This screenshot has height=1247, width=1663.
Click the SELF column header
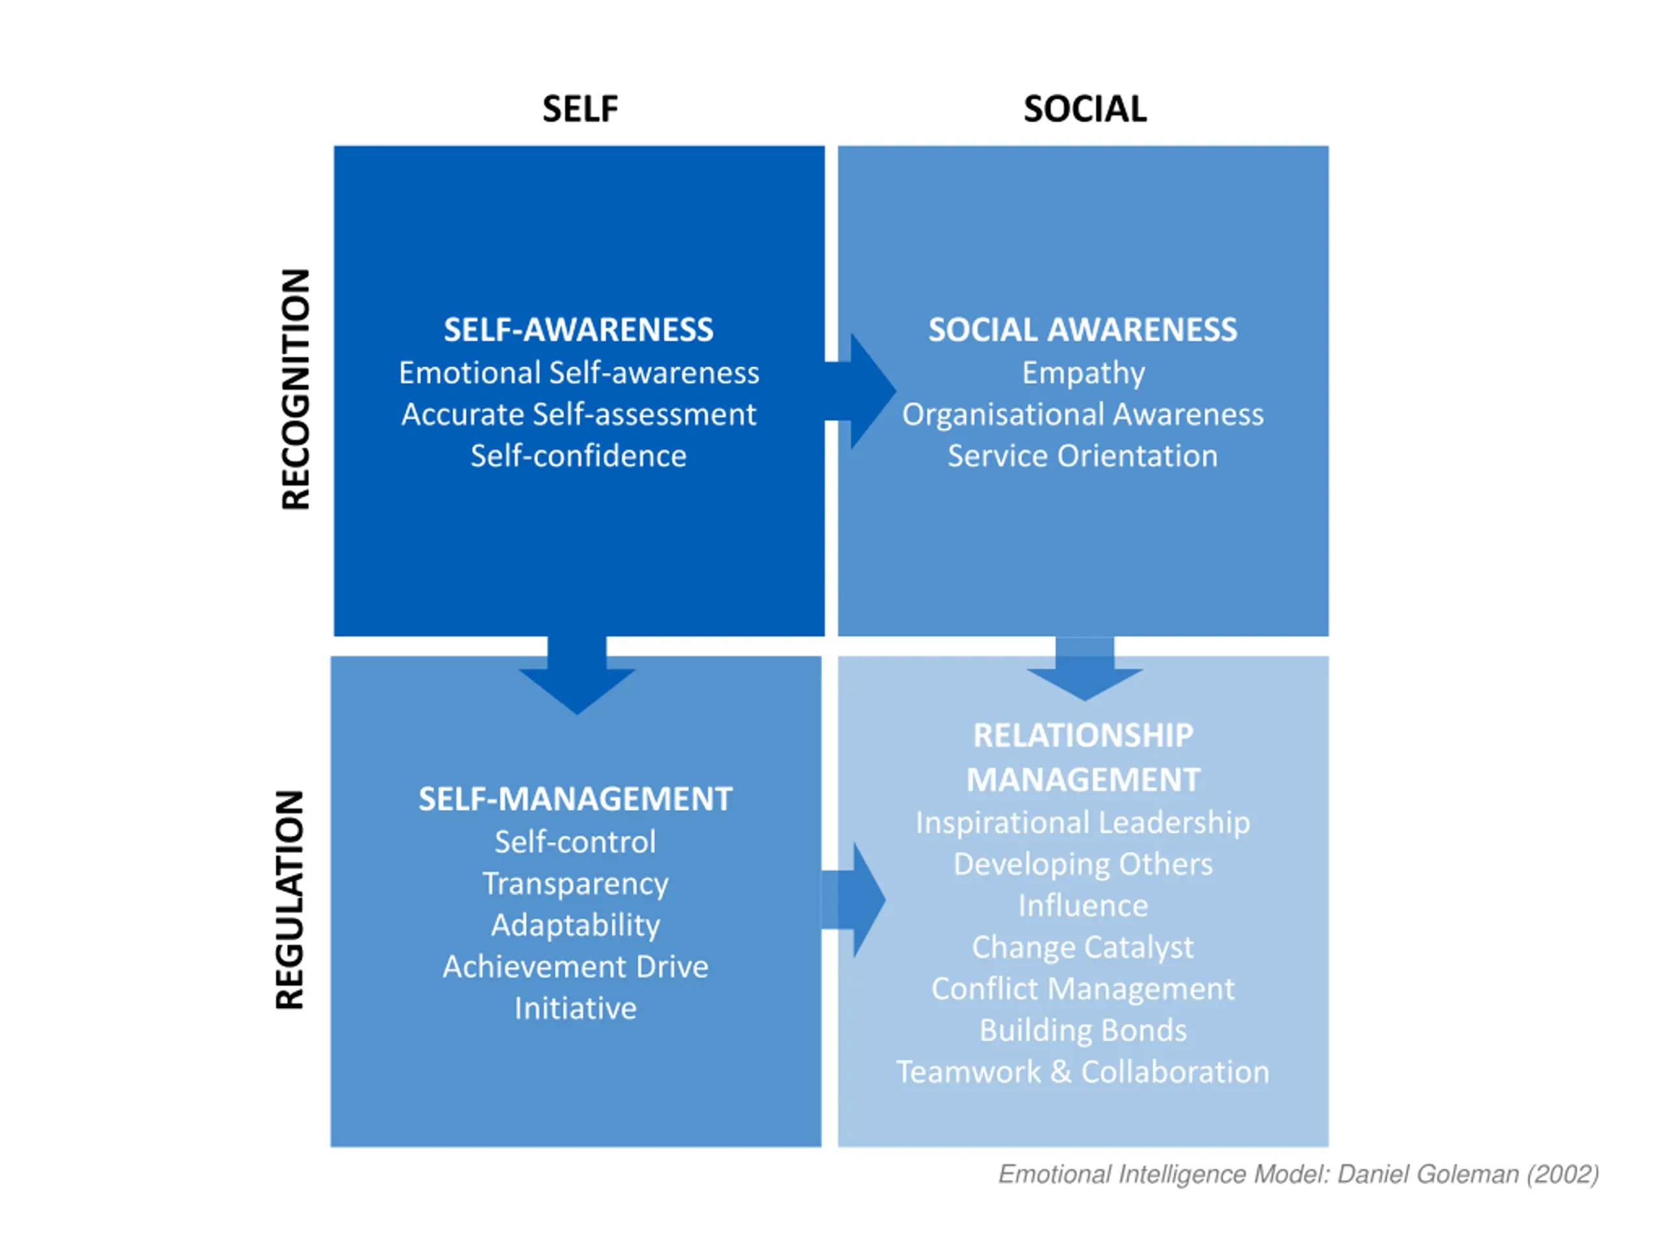579,110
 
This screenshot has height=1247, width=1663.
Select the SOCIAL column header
1085,110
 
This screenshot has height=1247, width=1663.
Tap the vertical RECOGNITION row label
296,389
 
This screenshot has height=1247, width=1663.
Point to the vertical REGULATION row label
290,900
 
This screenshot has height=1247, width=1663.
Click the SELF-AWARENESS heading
578,330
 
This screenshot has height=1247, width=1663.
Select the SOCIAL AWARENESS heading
1083,330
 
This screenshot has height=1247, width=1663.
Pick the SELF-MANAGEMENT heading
575,799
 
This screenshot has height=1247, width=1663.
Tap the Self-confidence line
578,456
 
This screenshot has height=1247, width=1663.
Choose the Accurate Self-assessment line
578,415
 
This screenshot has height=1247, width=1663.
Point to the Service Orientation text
1083,456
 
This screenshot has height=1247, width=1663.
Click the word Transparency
575,884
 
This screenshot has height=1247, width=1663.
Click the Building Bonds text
1083,1031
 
